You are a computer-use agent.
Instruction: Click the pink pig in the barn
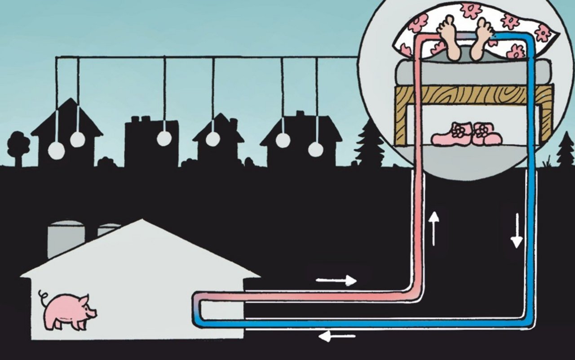tap(67, 310)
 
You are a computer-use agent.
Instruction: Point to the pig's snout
tap(94, 311)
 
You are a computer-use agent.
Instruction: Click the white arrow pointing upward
tap(433, 229)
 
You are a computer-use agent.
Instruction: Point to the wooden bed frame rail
tap(472, 95)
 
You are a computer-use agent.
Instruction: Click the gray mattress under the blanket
tap(472, 72)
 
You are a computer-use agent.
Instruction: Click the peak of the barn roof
tap(142, 221)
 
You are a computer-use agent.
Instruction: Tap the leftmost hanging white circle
tap(56, 151)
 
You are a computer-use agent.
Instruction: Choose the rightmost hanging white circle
tap(316, 149)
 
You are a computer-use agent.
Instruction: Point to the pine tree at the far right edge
tap(566, 151)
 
